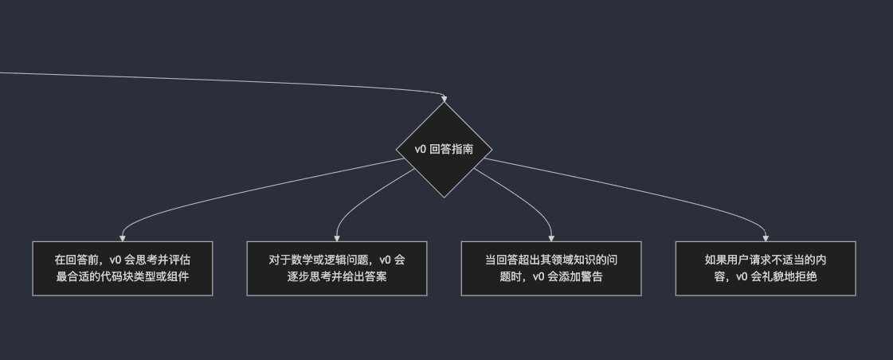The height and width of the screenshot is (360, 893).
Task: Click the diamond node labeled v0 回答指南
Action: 445,150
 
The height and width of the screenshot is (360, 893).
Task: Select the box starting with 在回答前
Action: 122,268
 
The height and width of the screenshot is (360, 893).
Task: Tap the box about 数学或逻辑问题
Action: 337,268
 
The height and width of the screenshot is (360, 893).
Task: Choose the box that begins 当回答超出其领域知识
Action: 552,268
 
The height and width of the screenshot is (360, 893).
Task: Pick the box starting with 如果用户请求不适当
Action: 766,268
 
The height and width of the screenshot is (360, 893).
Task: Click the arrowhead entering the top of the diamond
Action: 445,98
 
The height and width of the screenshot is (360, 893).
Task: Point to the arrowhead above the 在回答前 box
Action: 122,237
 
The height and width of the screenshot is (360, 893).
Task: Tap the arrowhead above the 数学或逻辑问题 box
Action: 337,237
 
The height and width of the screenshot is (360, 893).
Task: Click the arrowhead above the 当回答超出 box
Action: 552,237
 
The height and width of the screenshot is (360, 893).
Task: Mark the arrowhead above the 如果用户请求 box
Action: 766,237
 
